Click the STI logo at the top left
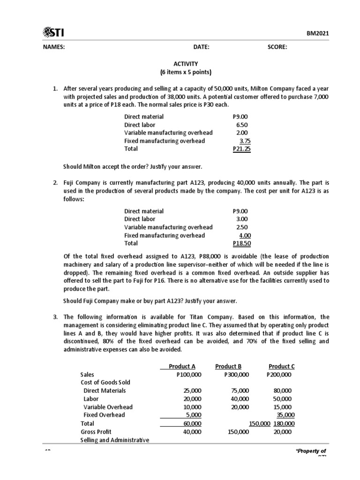tap(53, 32)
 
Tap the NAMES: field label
tap(54, 47)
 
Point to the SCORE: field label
tap(277, 47)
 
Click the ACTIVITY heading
tap(185, 64)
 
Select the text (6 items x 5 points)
tap(185, 72)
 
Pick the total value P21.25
tap(242, 149)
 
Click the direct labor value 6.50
tap(242, 125)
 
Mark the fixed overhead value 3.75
tap(244, 141)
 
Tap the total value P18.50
tap(242, 244)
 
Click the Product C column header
tap(281, 367)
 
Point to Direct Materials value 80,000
tap(282, 390)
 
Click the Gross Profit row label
tap(96, 432)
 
